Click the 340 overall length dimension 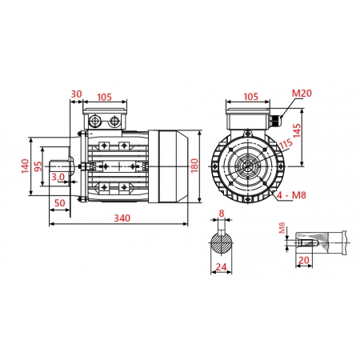pos(122,218)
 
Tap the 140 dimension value pos(25,166)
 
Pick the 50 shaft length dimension pos(59,204)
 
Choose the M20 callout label pos(301,94)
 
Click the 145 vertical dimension pos(298,133)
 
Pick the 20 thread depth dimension pos(303,261)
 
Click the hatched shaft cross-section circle pos(222,242)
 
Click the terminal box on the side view pos(106,121)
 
